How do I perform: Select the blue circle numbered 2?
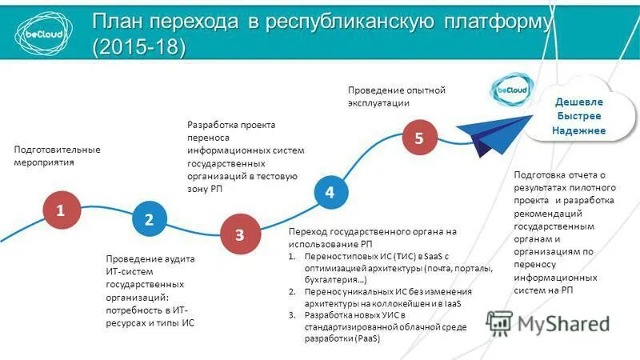tap(149, 218)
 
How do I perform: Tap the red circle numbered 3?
tap(239, 234)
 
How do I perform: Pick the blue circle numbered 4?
tap(330, 192)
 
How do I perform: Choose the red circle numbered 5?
tap(418, 138)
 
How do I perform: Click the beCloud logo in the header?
tap(42, 30)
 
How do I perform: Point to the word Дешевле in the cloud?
tap(579, 102)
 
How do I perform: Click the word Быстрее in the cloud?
tap(579, 116)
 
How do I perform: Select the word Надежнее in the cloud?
tap(579, 130)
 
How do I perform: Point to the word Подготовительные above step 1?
tap(57, 150)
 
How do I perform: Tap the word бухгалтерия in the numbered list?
tap(333, 280)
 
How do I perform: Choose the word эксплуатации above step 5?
tap(378, 102)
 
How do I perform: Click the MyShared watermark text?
tap(563, 323)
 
